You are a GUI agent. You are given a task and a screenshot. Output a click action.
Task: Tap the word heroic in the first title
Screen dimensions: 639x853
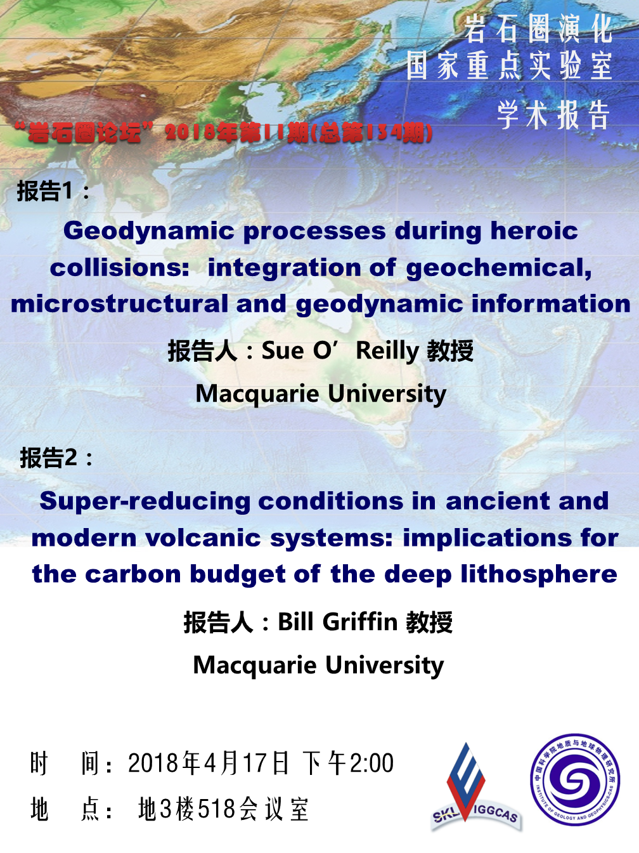534,230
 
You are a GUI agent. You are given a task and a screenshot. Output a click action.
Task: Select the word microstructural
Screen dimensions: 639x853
119,303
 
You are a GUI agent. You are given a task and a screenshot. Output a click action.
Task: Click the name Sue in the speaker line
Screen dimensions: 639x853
283,350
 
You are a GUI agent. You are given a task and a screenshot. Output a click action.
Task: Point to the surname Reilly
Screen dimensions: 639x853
387,352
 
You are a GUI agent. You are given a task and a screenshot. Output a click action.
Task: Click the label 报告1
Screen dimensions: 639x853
44,190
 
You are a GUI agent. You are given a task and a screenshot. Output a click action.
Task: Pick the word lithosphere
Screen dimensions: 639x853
539,575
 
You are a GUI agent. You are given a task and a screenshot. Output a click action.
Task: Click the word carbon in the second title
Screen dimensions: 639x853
133,574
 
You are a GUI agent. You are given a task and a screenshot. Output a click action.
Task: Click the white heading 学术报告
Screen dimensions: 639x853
553,115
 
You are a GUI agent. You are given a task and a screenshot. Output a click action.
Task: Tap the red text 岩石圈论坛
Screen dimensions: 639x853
84,133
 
